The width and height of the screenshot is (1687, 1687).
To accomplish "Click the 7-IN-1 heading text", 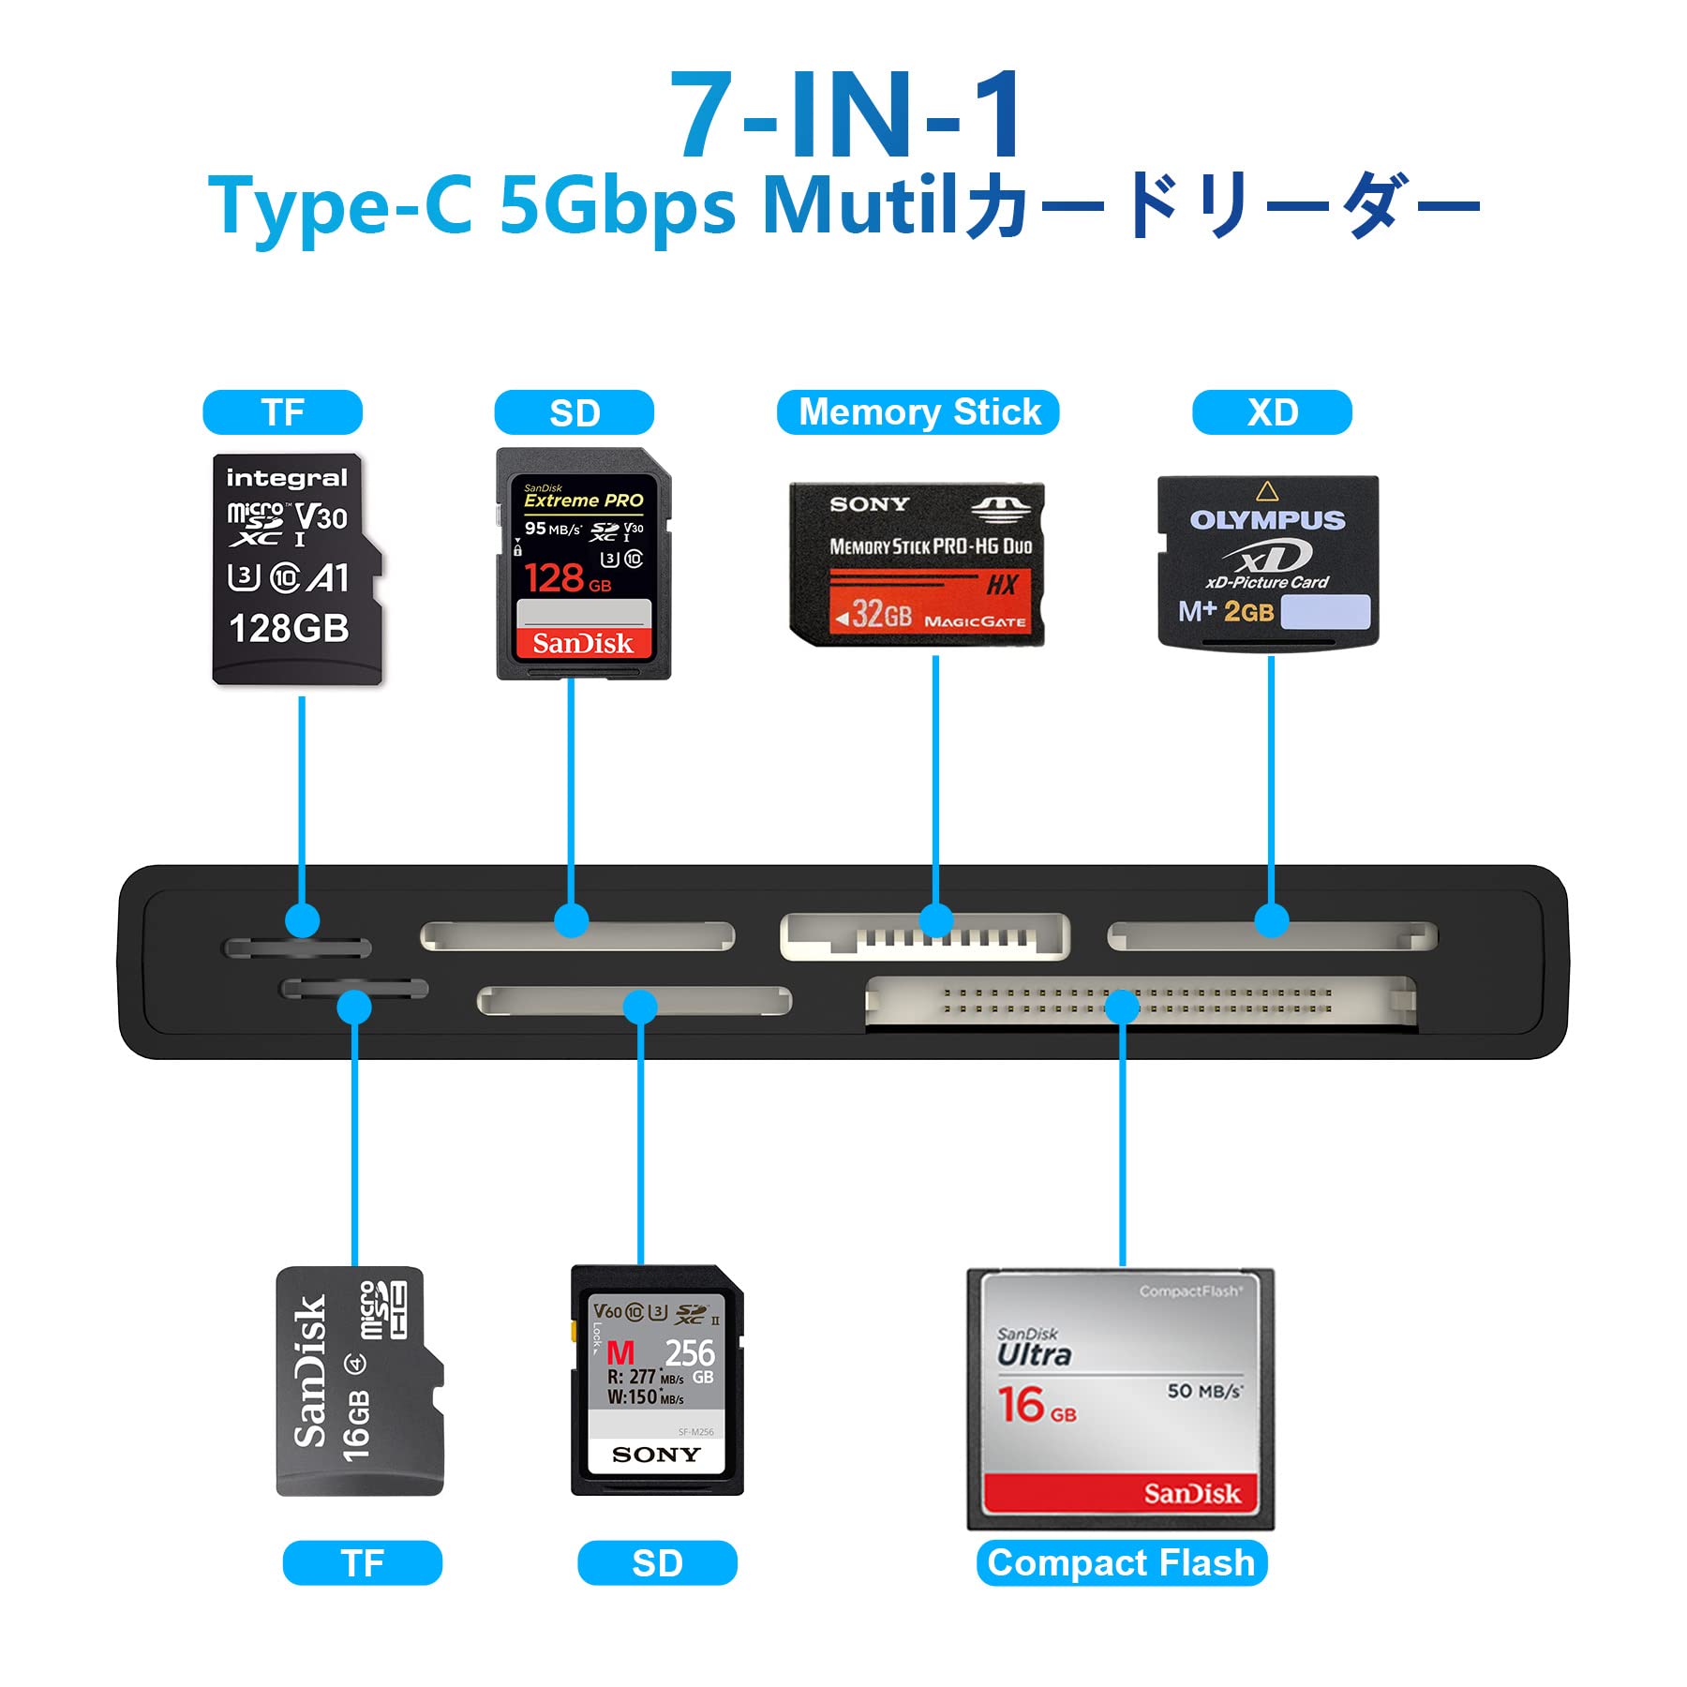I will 848,115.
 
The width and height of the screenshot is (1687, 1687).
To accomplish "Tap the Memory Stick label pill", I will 918,412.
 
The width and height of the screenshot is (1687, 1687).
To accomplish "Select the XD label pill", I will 1272,412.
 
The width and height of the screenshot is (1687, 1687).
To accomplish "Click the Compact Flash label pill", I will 1121,1562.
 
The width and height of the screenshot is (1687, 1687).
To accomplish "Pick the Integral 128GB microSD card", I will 295,570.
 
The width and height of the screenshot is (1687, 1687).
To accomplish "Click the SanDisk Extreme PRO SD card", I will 583,564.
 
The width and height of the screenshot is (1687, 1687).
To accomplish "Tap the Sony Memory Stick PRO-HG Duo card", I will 918,564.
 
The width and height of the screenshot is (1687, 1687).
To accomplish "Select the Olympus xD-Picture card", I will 1268,560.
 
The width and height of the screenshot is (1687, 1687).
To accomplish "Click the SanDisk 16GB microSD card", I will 358,1381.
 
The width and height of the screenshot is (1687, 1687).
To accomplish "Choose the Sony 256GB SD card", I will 657,1380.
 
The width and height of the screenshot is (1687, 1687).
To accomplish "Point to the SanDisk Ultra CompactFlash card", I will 1121,1398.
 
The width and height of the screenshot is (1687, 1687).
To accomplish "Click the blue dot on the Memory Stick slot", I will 935,920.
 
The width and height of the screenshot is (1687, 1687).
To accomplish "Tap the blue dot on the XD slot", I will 1271,920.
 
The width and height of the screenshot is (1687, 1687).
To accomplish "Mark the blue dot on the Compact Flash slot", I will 1122,1008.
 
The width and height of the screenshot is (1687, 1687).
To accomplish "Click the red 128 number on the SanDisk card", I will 555,578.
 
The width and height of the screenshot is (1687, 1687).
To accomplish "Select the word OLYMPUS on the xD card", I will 1267,520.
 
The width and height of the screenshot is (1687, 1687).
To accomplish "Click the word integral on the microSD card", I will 287,478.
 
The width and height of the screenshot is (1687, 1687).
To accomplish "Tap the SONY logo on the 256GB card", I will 656,1455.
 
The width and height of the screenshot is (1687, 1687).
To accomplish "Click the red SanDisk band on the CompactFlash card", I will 1121,1492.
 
